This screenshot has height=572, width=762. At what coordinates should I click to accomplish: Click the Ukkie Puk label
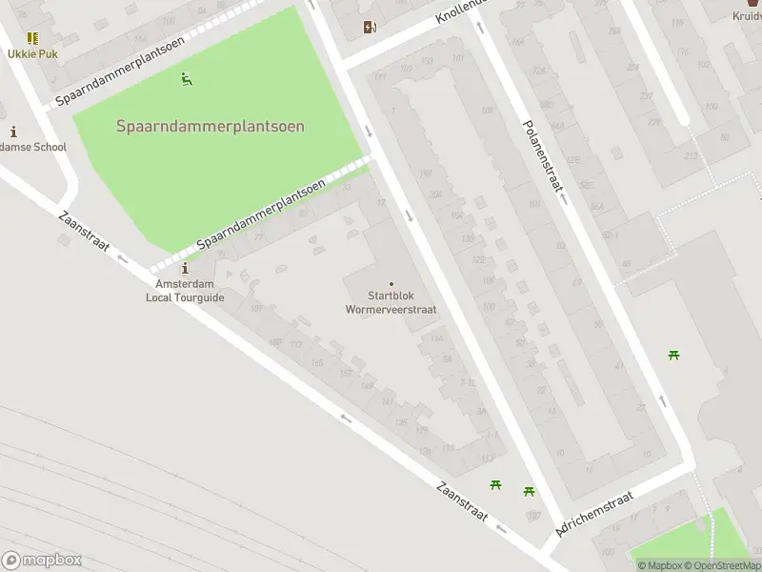pyautogui.click(x=33, y=53)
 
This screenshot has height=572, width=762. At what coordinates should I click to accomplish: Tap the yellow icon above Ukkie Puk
pyautogui.click(x=32, y=38)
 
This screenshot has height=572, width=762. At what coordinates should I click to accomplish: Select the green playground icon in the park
pyautogui.click(x=188, y=80)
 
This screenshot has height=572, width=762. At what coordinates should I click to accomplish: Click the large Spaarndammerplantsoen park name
pyautogui.click(x=211, y=126)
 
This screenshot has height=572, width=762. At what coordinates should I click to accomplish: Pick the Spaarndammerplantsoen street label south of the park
pyautogui.click(x=261, y=215)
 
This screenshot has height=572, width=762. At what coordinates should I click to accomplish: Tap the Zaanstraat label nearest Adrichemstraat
pyautogui.click(x=462, y=500)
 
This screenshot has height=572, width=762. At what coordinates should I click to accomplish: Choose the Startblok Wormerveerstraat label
pyautogui.click(x=391, y=302)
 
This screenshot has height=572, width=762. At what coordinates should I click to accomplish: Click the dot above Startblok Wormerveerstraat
pyautogui.click(x=391, y=283)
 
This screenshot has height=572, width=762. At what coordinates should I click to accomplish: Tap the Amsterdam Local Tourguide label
pyautogui.click(x=185, y=291)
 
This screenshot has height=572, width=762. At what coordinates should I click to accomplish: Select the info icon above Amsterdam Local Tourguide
pyautogui.click(x=185, y=270)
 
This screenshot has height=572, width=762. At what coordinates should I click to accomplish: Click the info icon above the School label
pyautogui.click(x=13, y=132)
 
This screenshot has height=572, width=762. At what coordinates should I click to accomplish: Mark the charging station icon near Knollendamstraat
pyautogui.click(x=370, y=28)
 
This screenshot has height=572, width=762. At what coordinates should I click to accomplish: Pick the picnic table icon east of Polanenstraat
pyautogui.click(x=674, y=356)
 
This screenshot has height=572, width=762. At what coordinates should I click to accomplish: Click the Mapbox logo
pyautogui.click(x=41, y=561)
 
